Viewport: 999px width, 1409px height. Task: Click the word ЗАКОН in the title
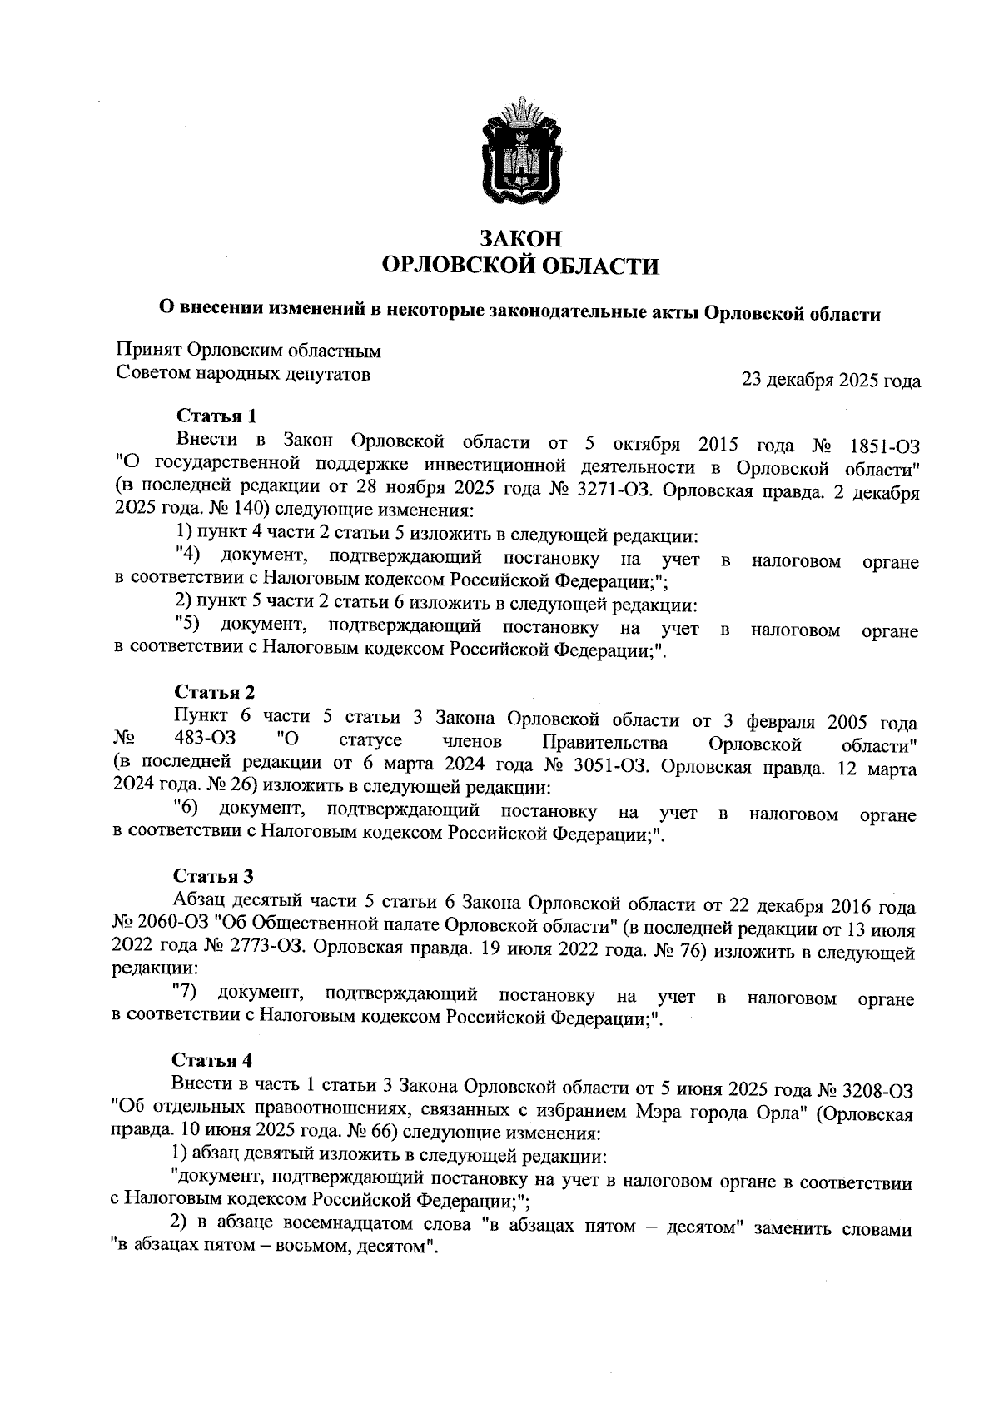pos(519,239)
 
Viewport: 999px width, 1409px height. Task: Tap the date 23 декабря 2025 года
pos(831,381)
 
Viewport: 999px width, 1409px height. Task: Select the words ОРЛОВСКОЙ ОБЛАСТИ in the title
pos(519,266)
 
